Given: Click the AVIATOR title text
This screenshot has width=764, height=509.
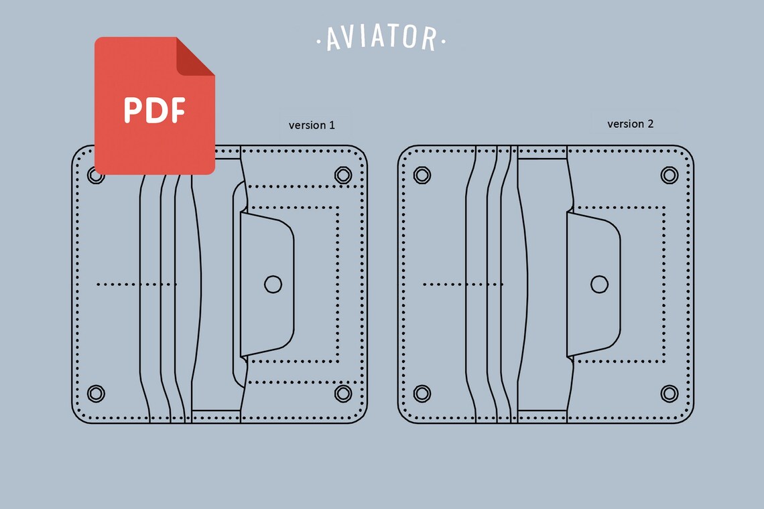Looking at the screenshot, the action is click(x=381, y=39).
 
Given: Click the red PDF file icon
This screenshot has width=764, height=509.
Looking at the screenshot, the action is click(x=154, y=106).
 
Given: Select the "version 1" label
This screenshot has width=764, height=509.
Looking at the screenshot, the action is click(x=312, y=125).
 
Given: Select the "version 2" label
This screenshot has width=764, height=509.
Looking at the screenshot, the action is click(x=630, y=124).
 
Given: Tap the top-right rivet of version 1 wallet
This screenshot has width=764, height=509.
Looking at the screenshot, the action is click(x=343, y=175).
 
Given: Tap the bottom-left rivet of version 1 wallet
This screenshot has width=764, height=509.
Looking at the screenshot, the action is click(x=96, y=393).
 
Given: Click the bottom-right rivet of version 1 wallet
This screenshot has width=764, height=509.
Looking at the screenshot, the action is click(x=343, y=393).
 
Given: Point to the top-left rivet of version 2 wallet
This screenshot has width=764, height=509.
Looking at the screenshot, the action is click(x=422, y=175).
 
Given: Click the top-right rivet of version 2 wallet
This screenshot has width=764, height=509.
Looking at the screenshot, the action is click(x=670, y=175).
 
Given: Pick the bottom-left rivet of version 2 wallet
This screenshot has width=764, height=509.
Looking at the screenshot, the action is click(x=422, y=393).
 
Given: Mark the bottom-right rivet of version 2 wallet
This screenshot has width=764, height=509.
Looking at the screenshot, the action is click(x=670, y=393).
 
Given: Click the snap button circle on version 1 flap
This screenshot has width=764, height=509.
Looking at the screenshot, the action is click(x=273, y=284).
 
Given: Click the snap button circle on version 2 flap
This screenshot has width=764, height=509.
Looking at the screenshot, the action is click(x=599, y=284).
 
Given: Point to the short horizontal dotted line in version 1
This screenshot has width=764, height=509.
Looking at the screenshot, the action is click(x=137, y=285).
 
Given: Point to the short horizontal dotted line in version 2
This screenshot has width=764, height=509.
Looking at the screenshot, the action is click(x=462, y=285).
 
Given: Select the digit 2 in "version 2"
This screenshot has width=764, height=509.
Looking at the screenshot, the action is click(x=650, y=124).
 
